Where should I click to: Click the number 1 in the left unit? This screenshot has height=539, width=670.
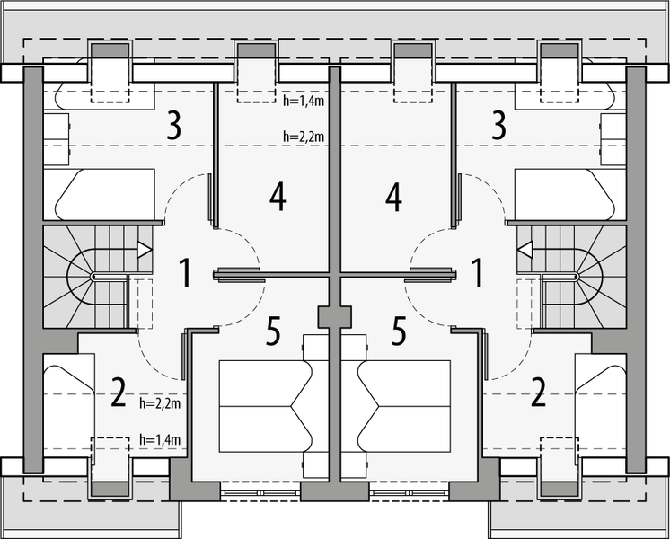pyautogui.click(x=185, y=272)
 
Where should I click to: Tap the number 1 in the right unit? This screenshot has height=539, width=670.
pyautogui.click(x=478, y=272)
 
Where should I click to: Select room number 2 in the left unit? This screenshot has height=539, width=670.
pyautogui.click(x=118, y=393)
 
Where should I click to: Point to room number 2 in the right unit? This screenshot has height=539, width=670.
pyautogui.click(x=538, y=393)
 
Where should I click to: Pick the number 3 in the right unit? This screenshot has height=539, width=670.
pyautogui.click(x=497, y=127)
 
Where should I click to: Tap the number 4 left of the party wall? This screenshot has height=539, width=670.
pyautogui.click(x=278, y=197)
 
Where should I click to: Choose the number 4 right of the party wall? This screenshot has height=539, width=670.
pyautogui.click(x=392, y=197)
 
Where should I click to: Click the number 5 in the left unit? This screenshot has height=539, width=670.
pyautogui.click(x=274, y=332)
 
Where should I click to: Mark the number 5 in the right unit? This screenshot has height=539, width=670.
pyautogui.click(x=399, y=332)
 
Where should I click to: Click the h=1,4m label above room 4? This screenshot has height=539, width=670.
pyautogui.click(x=303, y=102)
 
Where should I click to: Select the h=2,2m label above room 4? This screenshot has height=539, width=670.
pyautogui.click(x=303, y=137)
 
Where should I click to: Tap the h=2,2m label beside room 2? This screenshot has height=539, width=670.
pyautogui.click(x=161, y=404)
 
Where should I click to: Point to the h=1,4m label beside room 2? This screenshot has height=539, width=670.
pyautogui.click(x=161, y=439)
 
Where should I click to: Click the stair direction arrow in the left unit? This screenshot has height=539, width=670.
pyautogui.click(x=143, y=251)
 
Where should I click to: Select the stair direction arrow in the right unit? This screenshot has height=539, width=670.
pyautogui.click(x=526, y=249)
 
